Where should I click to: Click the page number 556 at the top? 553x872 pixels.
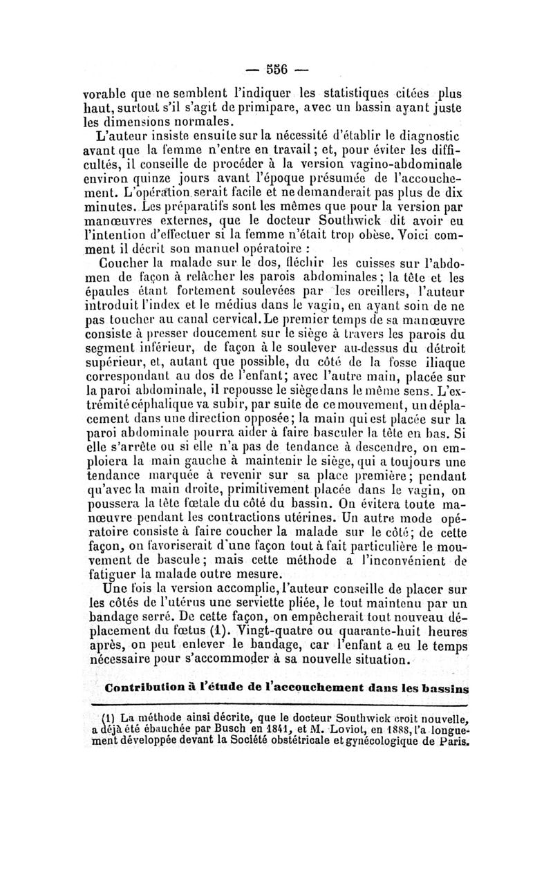click(x=276, y=68)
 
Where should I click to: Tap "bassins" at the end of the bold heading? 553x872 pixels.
click(x=438, y=689)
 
